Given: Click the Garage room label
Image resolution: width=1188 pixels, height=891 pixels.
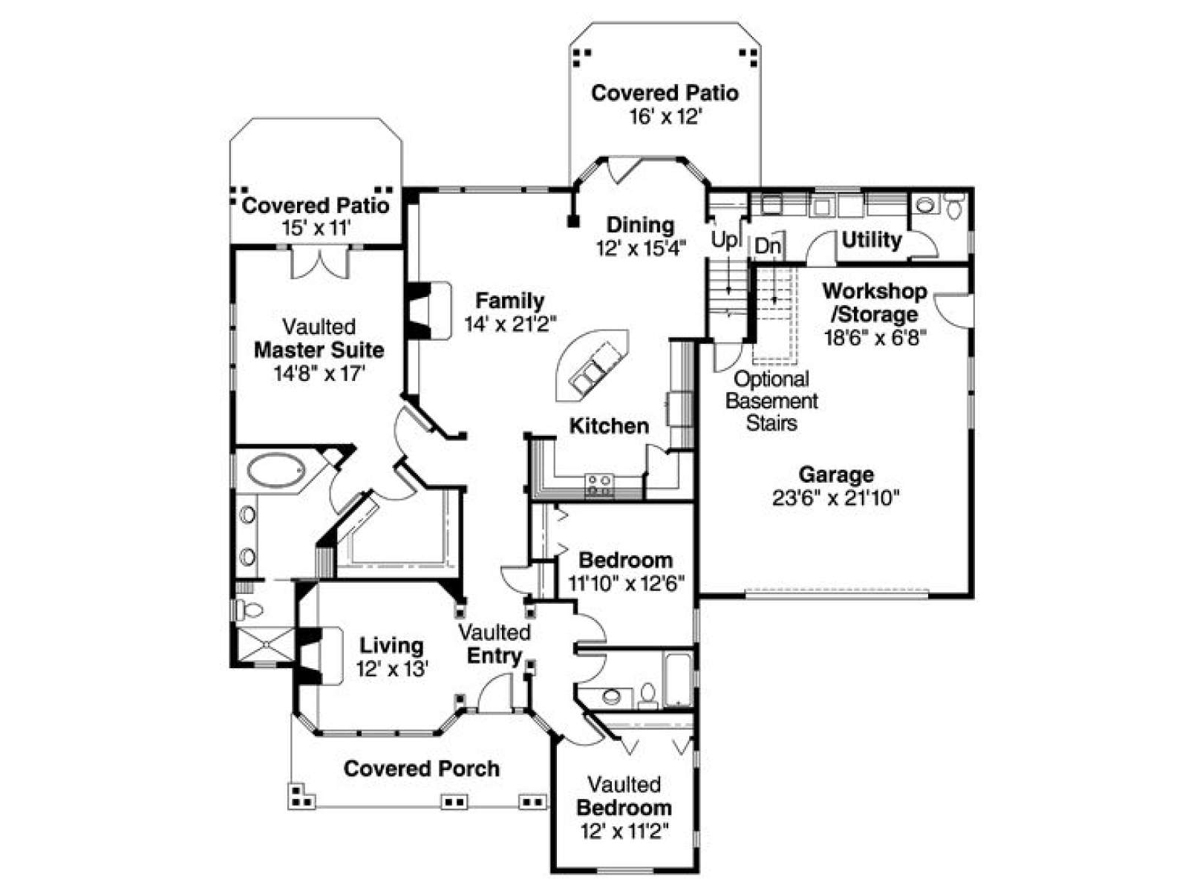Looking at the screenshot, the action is coord(835,474).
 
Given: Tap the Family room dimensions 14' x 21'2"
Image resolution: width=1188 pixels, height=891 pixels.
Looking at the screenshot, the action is coord(510,324).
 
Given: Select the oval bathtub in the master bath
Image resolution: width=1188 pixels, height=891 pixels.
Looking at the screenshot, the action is coord(276,469).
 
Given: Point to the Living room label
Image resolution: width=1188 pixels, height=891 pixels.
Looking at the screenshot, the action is coord(391,645).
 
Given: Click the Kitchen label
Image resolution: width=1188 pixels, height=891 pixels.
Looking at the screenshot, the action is coord(609,426).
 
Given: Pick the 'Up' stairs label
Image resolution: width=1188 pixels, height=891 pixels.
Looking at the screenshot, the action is coord(725,240).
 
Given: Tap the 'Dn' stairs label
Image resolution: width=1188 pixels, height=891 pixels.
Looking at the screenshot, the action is coord(768,247).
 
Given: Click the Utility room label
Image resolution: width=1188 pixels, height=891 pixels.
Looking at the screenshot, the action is coord(872,240).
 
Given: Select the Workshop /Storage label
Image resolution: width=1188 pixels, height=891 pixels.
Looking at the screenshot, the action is coord(875,302).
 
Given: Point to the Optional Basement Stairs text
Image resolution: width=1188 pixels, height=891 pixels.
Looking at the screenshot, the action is coord(771,401).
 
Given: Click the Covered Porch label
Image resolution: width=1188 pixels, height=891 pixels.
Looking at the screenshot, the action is coord(421,768).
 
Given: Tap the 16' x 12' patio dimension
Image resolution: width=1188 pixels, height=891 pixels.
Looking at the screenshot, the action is coord(665,117).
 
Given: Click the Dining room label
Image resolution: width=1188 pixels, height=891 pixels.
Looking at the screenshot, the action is coord(640,225).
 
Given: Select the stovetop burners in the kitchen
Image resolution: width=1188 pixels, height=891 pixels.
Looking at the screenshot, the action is coord(599,486).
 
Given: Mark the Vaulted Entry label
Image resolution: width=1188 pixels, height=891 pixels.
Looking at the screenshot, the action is coord(495,644).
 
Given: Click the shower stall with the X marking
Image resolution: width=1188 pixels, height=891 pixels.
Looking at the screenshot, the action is coord(266,644).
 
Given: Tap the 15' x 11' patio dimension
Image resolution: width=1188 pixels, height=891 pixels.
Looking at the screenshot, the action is coord(316,228).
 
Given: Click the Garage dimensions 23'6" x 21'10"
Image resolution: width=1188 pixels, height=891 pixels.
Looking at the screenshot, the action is coord(835,497).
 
